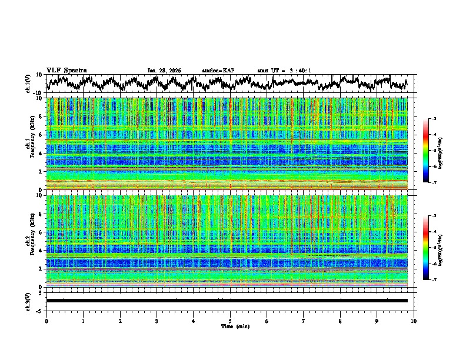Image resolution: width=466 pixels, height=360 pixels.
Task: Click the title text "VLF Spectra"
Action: click(x=66, y=70)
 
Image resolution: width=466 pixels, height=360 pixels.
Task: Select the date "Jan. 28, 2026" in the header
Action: click(x=164, y=71)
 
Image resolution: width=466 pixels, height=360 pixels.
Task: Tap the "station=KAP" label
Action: click(x=218, y=71)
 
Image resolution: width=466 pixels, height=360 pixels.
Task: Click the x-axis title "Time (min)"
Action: click(x=235, y=326)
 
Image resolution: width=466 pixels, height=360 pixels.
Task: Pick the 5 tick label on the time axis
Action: click(x=231, y=321)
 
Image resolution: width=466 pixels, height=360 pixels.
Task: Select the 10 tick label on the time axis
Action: click(x=414, y=321)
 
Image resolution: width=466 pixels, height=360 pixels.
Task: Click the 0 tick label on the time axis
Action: click(x=46, y=321)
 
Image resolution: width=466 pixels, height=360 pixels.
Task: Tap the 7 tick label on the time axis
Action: click(x=304, y=321)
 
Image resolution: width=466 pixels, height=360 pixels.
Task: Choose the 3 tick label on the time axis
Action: click(x=157, y=321)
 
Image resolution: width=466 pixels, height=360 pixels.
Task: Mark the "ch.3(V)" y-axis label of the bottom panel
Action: click(x=28, y=301)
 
